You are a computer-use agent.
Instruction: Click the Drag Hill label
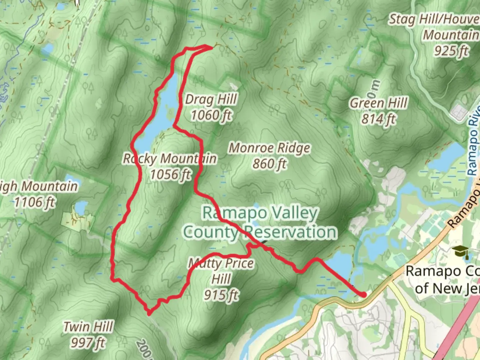211,99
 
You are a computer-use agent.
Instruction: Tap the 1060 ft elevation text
211,115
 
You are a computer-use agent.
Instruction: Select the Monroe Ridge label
269,148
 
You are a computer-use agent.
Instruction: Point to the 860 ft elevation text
269,164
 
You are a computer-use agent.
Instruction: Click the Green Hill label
378,103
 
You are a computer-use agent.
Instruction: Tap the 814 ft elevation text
378,119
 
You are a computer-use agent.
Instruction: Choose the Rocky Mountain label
170,159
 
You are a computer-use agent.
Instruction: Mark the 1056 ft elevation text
170,174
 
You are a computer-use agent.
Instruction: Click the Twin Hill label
88,327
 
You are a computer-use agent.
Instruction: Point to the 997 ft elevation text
88,342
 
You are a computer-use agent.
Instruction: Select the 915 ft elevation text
221,295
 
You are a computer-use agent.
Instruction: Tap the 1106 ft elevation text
35,202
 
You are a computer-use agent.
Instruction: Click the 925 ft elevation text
451,51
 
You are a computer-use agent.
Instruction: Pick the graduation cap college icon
461,251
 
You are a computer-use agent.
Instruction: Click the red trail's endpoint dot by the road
364,294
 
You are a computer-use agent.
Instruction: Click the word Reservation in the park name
290,232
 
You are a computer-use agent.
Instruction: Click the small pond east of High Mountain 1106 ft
81,207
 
